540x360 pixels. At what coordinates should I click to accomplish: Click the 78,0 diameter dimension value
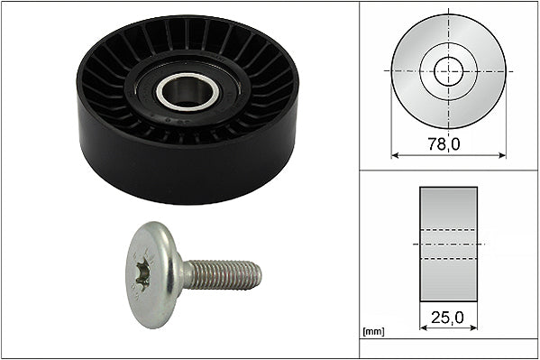[444, 143]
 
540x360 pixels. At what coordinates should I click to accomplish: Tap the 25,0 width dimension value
[447, 318]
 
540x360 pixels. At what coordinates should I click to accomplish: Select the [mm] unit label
[373, 332]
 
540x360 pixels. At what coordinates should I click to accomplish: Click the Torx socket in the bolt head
[143, 274]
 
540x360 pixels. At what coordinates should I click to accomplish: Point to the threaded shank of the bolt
[222, 275]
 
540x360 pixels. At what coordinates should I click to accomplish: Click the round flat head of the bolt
[153, 274]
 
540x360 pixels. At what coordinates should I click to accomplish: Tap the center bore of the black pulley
[187, 91]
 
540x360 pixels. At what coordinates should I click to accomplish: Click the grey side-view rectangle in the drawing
[448, 245]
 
